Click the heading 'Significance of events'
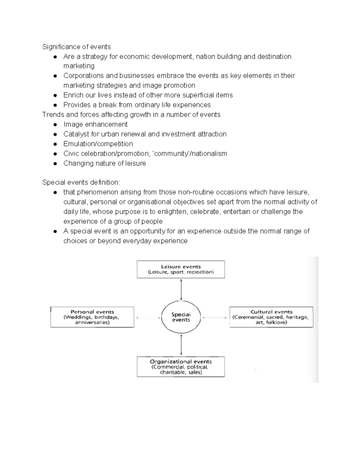point(76,47)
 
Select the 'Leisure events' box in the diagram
point(181,269)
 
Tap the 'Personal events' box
point(92,317)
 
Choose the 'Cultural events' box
point(271,317)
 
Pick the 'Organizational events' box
point(181,367)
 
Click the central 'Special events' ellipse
point(181,317)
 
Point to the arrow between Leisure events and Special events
point(181,290)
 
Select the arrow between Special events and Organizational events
point(181,345)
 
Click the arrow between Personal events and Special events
point(148,317)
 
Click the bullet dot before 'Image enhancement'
point(55,125)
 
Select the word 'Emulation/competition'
point(98,144)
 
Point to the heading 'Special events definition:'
point(81,182)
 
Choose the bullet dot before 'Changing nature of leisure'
point(55,164)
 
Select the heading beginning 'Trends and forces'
point(131,115)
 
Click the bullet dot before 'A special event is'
point(55,232)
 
